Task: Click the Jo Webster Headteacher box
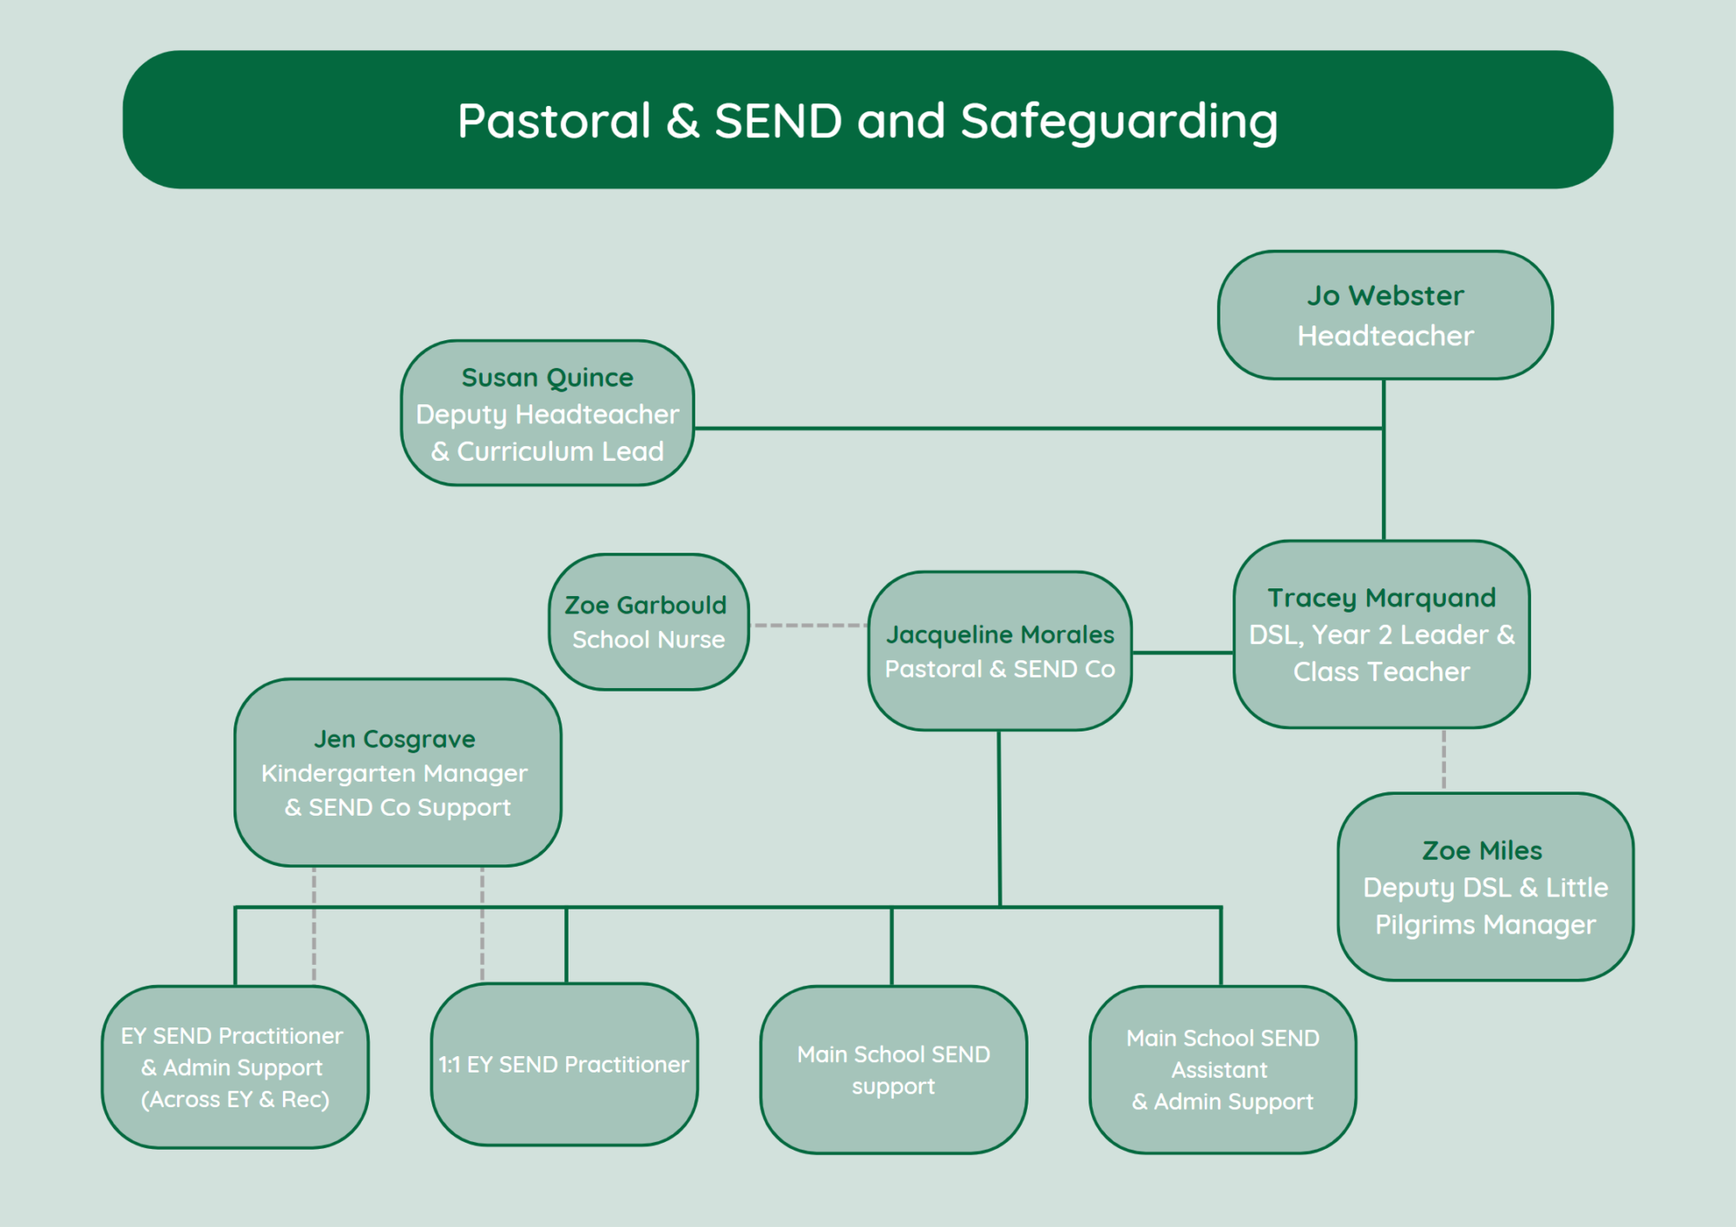pyautogui.click(x=1385, y=315)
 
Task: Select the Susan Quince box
pyautogui.click(x=548, y=413)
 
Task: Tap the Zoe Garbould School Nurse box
pyautogui.click(x=649, y=622)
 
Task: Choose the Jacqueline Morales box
pyautogui.click(x=1000, y=651)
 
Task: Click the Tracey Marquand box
pyautogui.click(x=1382, y=634)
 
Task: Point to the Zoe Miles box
pyautogui.click(x=1485, y=887)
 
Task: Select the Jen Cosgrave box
pyautogui.click(x=398, y=772)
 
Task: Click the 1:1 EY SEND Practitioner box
pyautogui.click(x=564, y=1065)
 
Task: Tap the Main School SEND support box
pyautogui.click(x=894, y=1070)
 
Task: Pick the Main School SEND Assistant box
pyautogui.click(x=1223, y=1070)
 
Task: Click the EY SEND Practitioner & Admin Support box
pyautogui.click(x=235, y=1067)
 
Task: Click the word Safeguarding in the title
pyautogui.click(x=1119, y=121)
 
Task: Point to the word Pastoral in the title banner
pyautogui.click(x=554, y=121)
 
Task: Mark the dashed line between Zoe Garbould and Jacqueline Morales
pyautogui.click(x=809, y=625)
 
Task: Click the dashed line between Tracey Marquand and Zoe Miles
pyautogui.click(x=1443, y=760)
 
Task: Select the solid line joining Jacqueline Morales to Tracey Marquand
pyautogui.click(x=1182, y=653)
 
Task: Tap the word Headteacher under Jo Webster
pyautogui.click(x=1385, y=336)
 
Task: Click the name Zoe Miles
pyautogui.click(x=1483, y=850)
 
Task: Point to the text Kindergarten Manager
pyautogui.click(x=394, y=773)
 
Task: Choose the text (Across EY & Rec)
pyautogui.click(x=235, y=1099)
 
